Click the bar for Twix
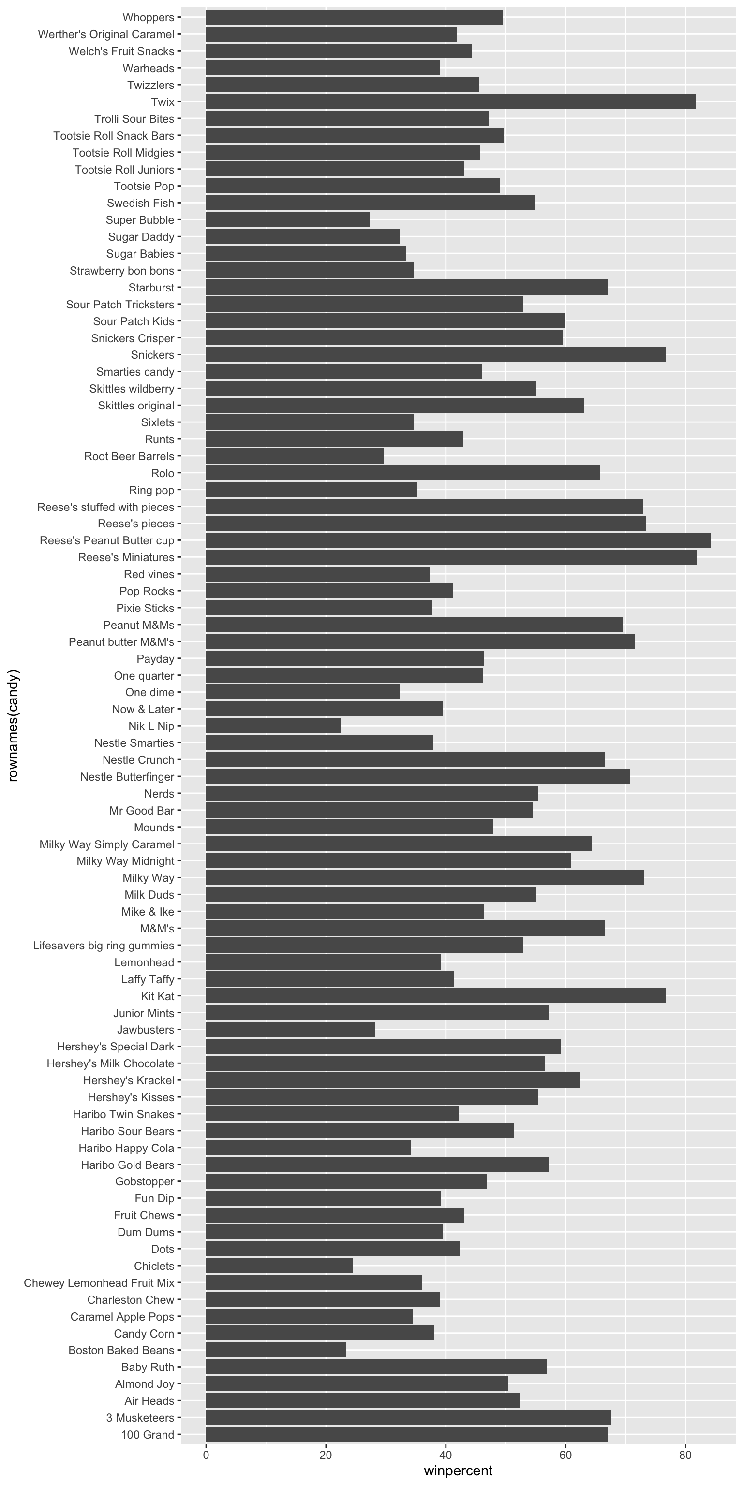(450, 102)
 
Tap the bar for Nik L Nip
(273, 726)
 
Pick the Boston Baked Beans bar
(276, 1350)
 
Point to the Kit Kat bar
(435, 996)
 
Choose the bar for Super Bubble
(287, 219)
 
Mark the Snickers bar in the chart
(435, 354)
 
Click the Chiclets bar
(279, 1266)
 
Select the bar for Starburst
(407, 287)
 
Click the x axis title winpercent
(458, 1470)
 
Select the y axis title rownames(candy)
(14, 725)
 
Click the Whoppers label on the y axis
(148, 17)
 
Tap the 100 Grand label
(147, 1435)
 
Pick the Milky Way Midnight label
(125, 860)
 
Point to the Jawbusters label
(146, 1030)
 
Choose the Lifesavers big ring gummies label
(104, 946)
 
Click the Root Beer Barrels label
(129, 456)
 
